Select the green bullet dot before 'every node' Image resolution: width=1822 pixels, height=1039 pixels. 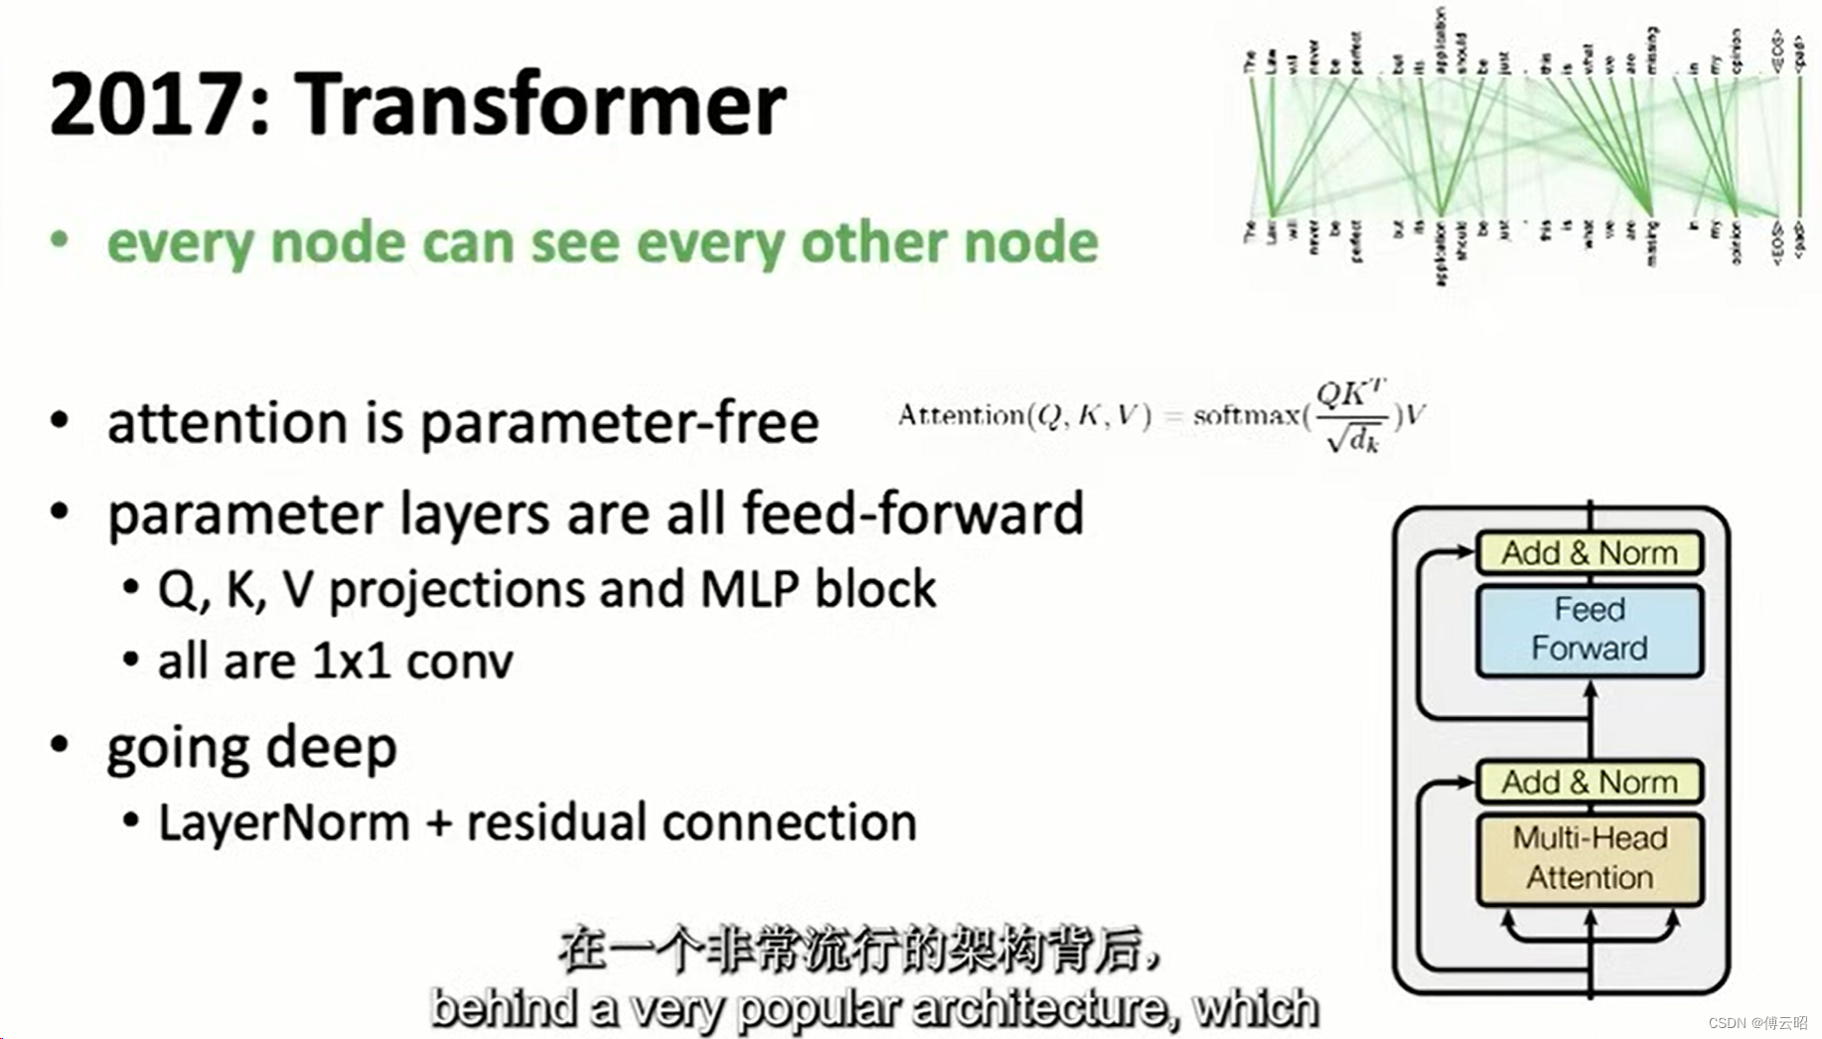[60, 240]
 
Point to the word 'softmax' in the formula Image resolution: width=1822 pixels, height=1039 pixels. [1246, 415]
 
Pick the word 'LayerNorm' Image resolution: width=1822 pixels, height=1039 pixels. [284, 822]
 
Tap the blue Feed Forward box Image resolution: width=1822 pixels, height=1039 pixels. [1589, 630]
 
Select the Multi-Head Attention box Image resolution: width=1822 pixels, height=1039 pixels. [1589, 858]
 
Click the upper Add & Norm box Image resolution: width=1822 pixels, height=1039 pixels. [1589, 552]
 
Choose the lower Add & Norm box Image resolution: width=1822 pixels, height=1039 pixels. [1589, 782]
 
